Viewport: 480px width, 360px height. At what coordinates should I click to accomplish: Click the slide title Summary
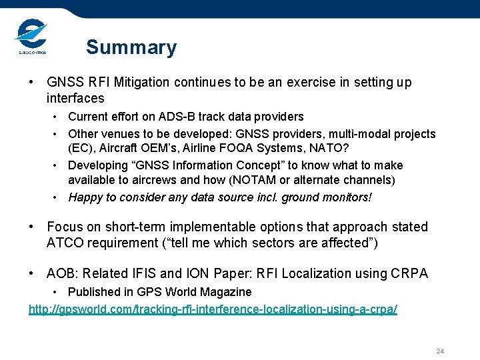pos(131,47)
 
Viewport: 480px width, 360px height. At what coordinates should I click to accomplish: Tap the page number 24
pos(440,351)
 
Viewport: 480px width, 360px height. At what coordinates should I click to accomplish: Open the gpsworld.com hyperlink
pos(213,310)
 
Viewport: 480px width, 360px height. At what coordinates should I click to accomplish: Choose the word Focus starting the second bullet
pos(64,227)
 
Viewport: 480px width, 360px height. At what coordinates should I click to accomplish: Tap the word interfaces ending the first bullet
pos(75,99)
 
